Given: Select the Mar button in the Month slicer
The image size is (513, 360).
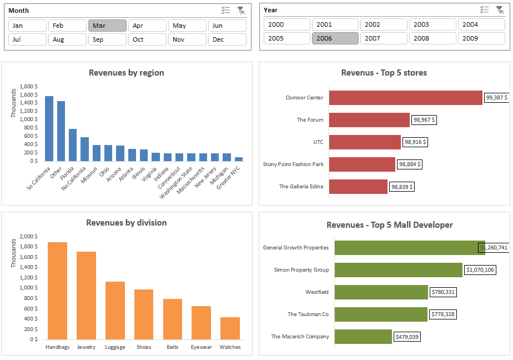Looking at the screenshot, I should (107, 26).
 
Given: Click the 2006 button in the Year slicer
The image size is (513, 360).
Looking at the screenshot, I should (335, 38).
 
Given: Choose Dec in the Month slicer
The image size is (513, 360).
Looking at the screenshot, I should (227, 39).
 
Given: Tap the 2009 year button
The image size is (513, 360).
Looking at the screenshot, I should (481, 38).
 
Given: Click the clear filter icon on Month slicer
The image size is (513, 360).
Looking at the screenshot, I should (240, 10).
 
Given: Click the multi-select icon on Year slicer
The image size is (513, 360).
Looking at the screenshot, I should (485, 9).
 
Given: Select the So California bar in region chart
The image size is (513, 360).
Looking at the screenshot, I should (49, 128).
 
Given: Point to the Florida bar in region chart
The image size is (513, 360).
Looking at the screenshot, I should (73, 144).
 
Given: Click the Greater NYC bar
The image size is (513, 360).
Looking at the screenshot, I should (239, 158).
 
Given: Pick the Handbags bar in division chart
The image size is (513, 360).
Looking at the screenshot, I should (57, 291).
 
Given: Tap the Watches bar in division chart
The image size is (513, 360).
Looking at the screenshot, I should (230, 328).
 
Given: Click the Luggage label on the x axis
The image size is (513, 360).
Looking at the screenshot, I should (115, 347).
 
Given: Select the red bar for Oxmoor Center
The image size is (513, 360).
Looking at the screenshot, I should (405, 98).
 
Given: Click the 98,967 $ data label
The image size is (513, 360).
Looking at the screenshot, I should (424, 119).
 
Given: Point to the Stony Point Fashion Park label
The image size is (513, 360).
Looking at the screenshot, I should (293, 164).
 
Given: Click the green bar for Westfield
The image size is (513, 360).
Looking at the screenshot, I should (381, 292).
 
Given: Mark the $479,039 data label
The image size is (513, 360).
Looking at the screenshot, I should (407, 337).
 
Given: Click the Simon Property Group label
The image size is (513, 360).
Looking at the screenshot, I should (301, 270).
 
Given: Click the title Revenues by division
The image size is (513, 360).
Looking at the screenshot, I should (127, 223).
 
